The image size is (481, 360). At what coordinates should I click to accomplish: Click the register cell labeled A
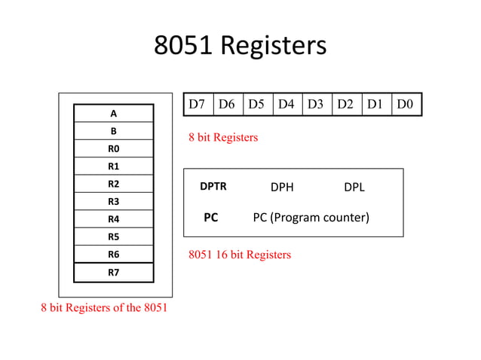coord(113,114)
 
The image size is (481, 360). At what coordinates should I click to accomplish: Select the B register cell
coord(113,131)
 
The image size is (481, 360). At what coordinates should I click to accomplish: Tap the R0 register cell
coord(113,148)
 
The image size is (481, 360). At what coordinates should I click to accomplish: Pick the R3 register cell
coord(113,201)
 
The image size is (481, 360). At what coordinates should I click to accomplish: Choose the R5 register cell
coord(113,236)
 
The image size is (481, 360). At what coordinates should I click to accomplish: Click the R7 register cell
coord(113,272)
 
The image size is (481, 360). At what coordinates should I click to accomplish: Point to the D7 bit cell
coord(198,104)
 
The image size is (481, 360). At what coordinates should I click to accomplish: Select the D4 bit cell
coord(286,104)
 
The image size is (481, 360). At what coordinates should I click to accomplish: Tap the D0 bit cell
coord(406,104)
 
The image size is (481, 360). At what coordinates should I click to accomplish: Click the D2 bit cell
coord(346,104)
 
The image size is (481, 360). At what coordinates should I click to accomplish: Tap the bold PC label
coord(211,218)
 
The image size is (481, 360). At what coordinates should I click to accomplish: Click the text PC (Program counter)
coord(311,218)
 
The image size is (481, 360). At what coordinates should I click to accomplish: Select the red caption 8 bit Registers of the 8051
coord(104,308)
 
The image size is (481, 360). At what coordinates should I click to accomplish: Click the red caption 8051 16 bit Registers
coord(239,255)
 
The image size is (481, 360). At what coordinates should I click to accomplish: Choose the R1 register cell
coord(113,166)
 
